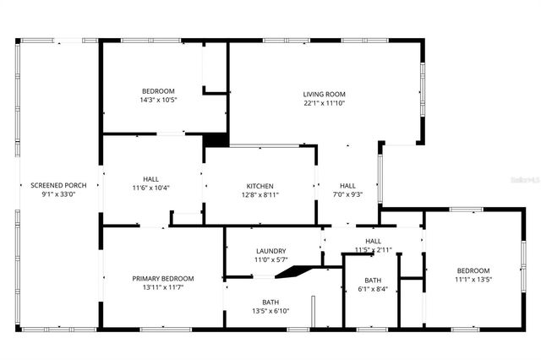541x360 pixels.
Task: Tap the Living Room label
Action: coord(325,94)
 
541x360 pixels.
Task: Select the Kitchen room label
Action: coord(260,186)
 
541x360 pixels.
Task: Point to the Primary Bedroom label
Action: coord(163,279)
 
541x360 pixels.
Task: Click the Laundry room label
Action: coord(270,251)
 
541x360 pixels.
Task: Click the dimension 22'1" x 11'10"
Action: coord(325,103)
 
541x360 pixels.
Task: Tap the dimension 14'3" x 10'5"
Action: coord(158,101)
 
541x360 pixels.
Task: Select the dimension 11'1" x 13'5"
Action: coord(473,280)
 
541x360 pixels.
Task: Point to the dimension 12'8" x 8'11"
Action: coord(260,195)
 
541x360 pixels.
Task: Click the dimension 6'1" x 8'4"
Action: coord(373,289)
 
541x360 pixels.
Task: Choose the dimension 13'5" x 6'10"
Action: coord(270,311)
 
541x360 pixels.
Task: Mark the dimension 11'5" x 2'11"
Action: coord(373,249)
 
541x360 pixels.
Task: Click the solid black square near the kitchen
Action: coord(216,140)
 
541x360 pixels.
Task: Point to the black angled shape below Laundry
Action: coord(294,271)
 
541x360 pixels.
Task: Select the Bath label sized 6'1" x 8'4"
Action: coord(373,280)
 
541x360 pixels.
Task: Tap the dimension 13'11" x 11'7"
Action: coord(163,288)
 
